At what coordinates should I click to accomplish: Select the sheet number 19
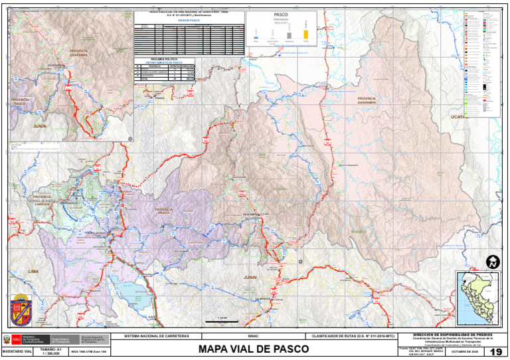pyautogui.click(x=495, y=352)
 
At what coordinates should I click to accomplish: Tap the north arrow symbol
pyautogui.click(x=493, y=262)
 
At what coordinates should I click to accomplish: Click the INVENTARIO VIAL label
pyautogui.click(x=17, y=351)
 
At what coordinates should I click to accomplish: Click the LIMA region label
pyautogui.click(x=34, y=272)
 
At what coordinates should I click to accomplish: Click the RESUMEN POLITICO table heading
pyautogui.click(x=166, y=60)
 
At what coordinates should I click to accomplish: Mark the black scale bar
pyautogui.click(x=222, y=321)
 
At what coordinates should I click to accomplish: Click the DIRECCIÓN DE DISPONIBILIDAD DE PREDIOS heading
pyautogui.click(x=452, y=335)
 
